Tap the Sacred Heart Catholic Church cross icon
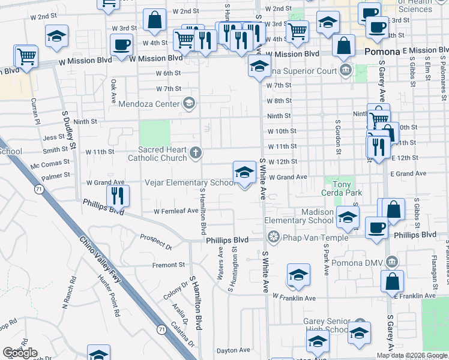[x=195, y=152]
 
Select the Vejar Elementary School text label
[x=190, y=182]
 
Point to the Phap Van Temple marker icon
[x=274, y=238]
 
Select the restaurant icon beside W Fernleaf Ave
[x=117, y=195]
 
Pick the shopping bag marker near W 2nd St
[x=154, y=20]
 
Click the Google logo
[x=20, y=353]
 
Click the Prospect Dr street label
[x=156, y=242]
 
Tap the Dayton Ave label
[x=233, y=350]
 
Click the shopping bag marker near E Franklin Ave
[x=392, y=281]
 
